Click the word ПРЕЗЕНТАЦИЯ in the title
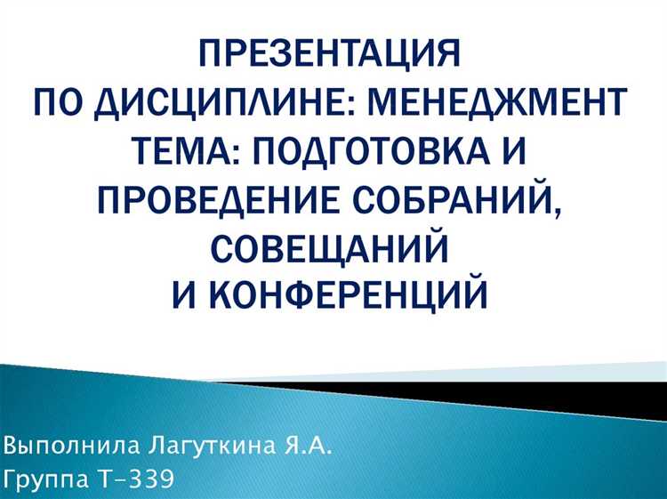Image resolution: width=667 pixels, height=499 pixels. click(x=331, y=56)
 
